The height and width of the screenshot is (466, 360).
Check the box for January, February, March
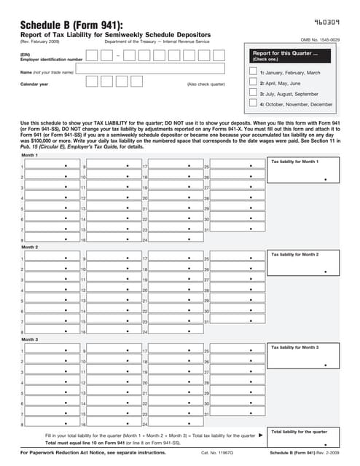[x=254, y=72]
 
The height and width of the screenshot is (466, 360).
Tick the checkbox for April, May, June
[x=254, y=83]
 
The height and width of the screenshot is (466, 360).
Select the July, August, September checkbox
[x=254, y=93]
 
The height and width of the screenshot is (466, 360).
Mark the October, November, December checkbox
[x=254, y=104]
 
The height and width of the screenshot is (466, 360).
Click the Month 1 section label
[x=30, y=155]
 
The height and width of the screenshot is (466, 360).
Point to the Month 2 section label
[x=30, y=247]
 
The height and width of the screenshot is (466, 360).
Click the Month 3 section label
[x=30, y=339]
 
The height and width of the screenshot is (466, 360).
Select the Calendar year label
[x=34, y=84]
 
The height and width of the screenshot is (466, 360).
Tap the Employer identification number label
[x=51, y=58]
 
